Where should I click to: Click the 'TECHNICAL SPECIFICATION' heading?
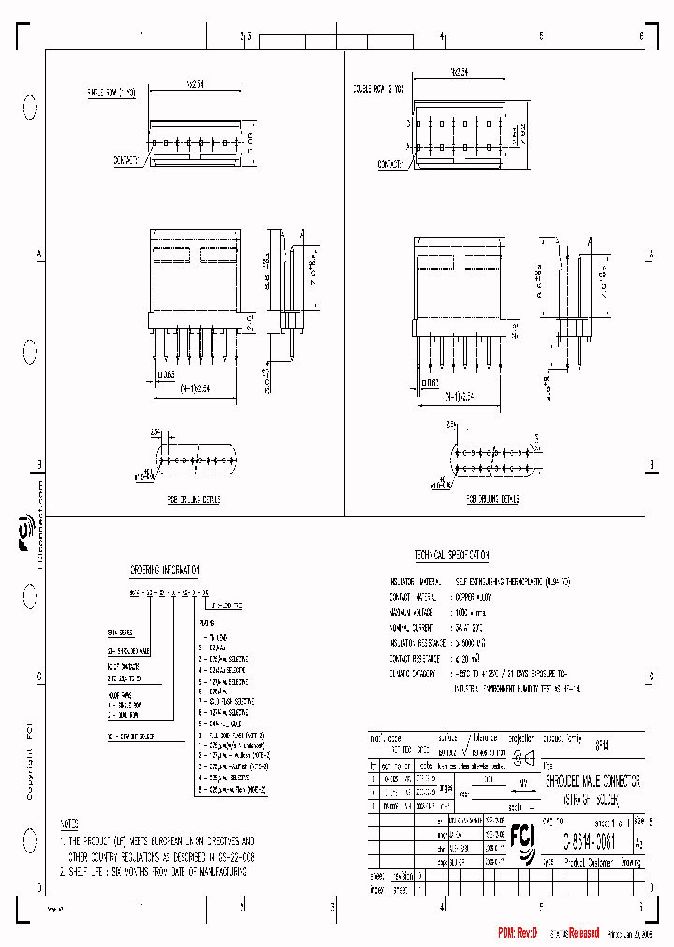point(451,555)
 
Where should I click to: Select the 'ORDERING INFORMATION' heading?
point(164,569)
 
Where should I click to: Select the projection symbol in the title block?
point(521,757)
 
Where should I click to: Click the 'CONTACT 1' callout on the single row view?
point(126,160)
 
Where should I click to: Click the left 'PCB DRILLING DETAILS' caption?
point(194,500)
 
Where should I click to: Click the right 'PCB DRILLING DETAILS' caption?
point(494,500)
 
